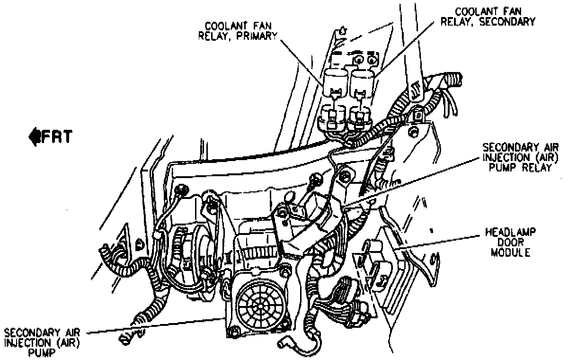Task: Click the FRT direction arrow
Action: (34, 136)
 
